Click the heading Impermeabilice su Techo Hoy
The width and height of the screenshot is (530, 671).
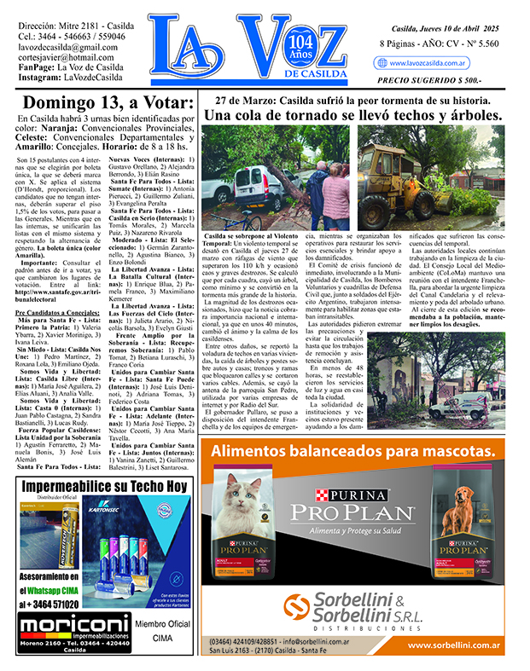[104, 487]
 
